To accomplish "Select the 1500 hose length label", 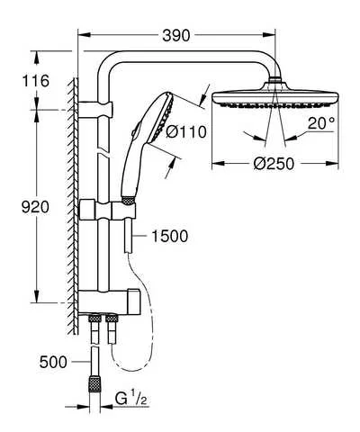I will pos(169,237).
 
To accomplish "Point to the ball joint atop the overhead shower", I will pos(269,83).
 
